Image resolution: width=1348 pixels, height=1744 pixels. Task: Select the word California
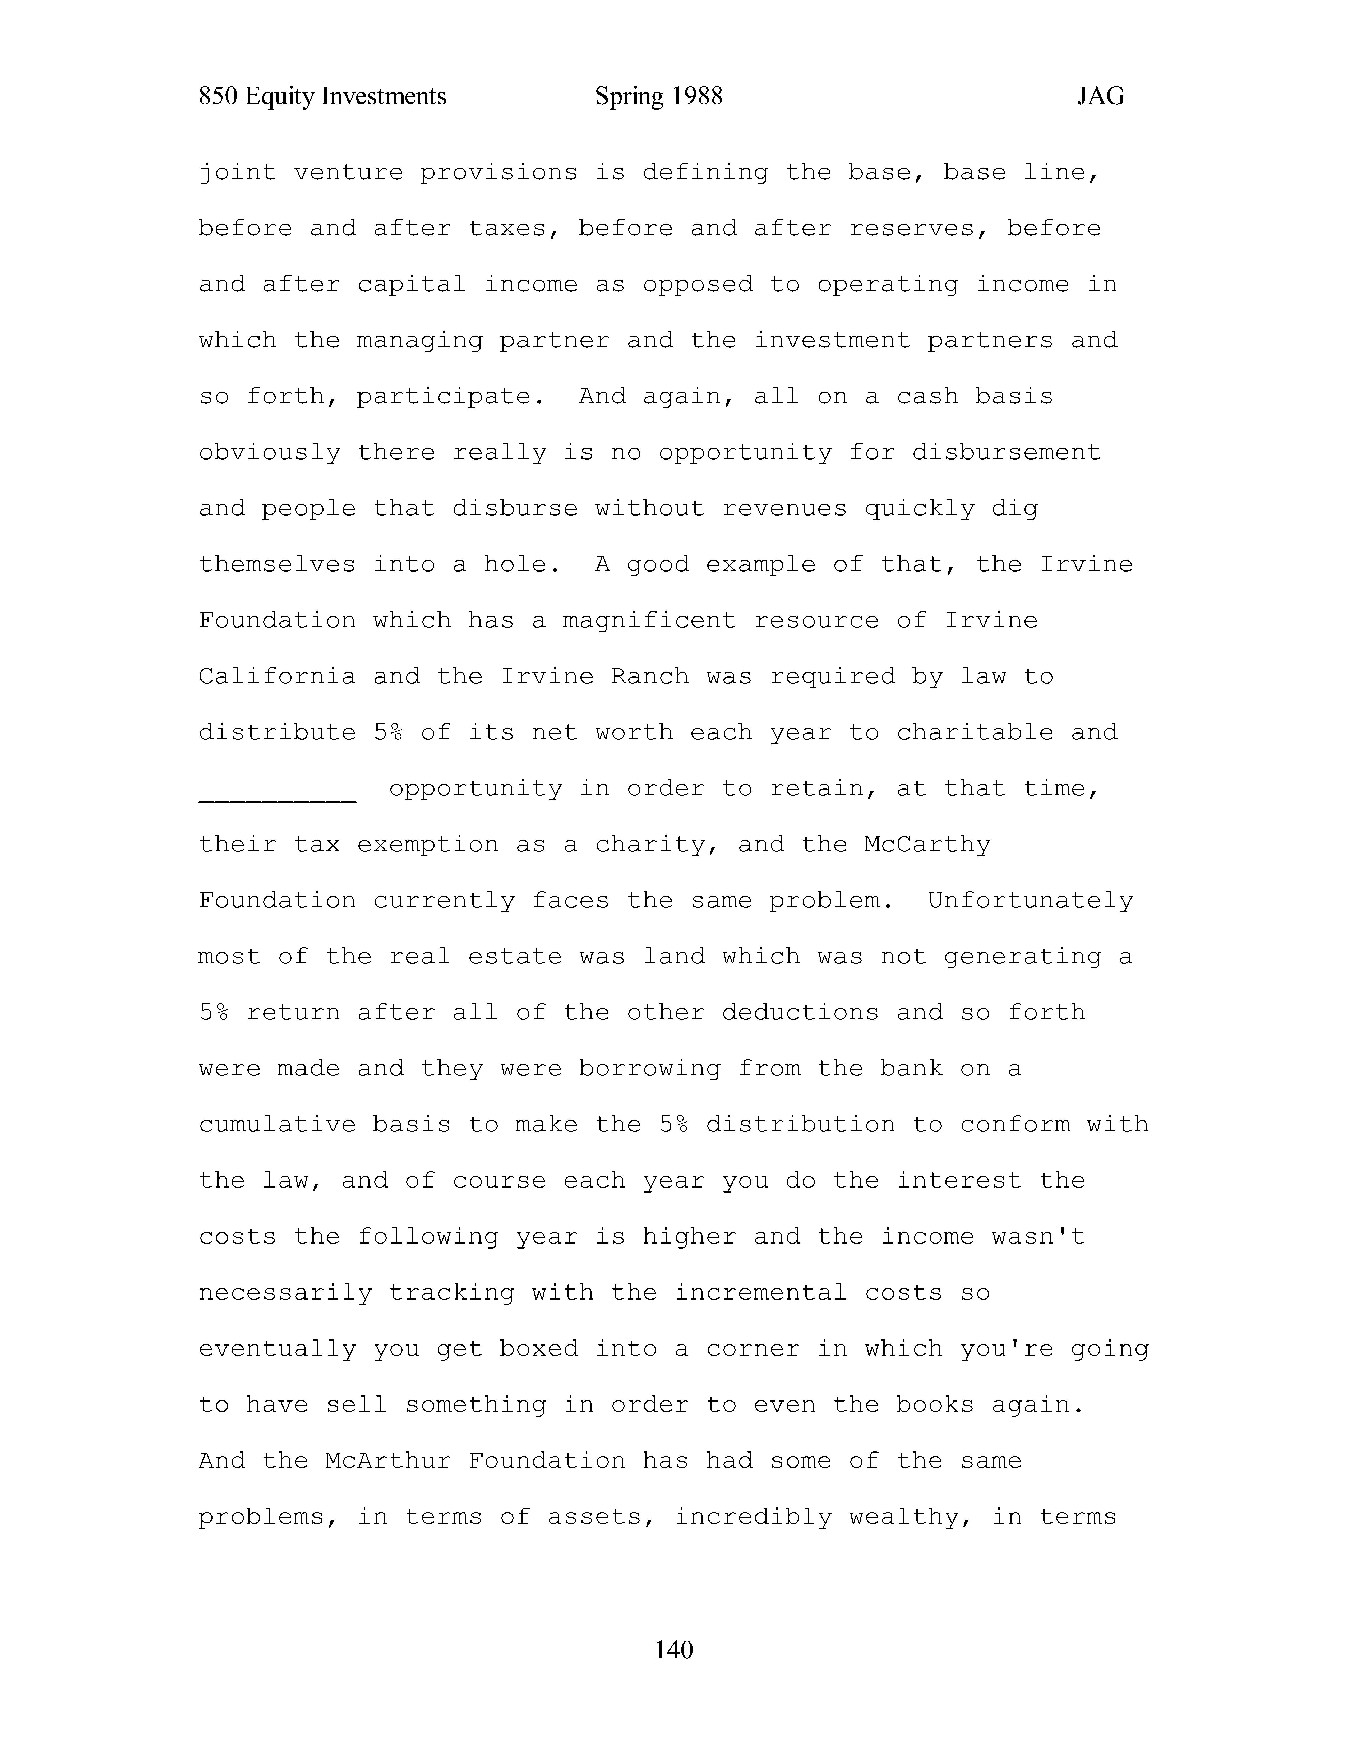coord(277,677)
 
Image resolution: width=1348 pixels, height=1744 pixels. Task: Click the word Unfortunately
coord(1030,901)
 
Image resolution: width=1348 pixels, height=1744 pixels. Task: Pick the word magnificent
coord(648,621)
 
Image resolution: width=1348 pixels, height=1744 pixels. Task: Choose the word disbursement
coord(1006,453)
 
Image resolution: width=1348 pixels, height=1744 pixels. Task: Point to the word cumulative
coord(277,1125)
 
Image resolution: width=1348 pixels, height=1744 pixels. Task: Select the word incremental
coord(760,1293)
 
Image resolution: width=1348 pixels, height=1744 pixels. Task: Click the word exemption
coord(427,845)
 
